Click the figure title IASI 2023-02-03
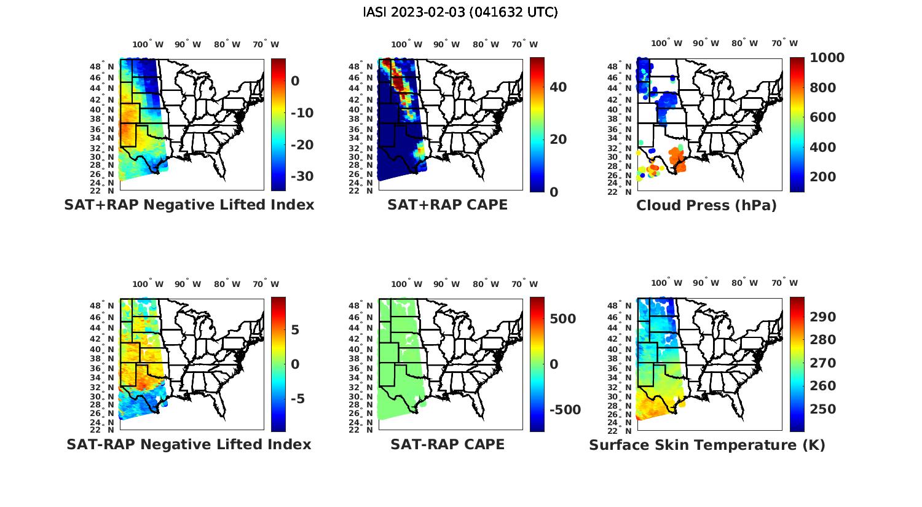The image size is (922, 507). (x=460, y=12)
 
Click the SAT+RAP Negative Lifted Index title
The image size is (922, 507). (x=189, y=205)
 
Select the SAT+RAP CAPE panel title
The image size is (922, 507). (x=447, y=205)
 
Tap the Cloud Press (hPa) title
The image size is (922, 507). (x=706, y=205)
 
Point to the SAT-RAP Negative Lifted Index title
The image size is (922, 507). (x=189, y=444)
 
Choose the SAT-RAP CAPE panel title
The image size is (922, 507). (x=447, y=444)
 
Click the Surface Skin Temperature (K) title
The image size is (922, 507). (x=707, y=445)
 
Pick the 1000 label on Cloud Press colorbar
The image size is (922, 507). (x=827, y=58)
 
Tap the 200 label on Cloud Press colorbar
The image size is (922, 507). (x=822, y=177)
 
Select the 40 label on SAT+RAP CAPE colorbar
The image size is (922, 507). (x=558, y=87)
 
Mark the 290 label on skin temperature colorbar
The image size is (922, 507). (x=822, y=317)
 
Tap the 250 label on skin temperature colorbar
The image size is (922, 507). (x=822, y=409)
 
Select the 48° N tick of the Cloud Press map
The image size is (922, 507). (x=629, y=66)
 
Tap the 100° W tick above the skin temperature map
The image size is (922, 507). (x=667, y=283)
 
